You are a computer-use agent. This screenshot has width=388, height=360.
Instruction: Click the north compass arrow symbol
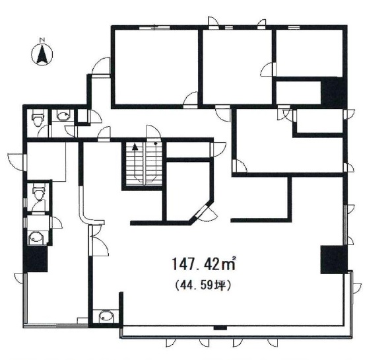[x=42, y=55]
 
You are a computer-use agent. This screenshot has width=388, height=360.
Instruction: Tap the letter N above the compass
[x=42, y=40]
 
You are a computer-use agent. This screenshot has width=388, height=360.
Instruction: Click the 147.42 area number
[x=195, y=263]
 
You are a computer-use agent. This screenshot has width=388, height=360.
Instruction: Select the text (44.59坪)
[x=203, y=285]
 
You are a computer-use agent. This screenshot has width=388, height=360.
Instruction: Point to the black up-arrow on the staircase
[x=135, y=147]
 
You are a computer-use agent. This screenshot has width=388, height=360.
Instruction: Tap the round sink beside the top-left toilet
[x=64, y=115]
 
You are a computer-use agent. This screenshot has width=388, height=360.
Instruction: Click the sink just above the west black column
[x=36, y=237]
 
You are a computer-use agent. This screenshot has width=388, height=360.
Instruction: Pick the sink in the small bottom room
[x=106, y=316]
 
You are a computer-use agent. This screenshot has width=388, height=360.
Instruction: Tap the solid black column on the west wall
[x=35, y=259]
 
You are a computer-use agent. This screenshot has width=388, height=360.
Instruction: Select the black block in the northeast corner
[x=334, y=92]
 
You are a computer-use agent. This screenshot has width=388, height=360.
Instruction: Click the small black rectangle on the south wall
[x=220, y=328]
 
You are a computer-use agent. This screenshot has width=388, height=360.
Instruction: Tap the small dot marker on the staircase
[x=156, y=143]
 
